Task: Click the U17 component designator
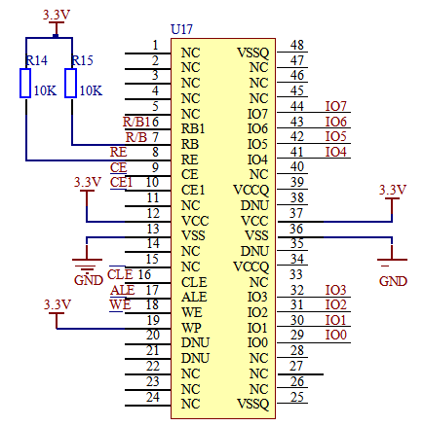pyautogui.click(x=181, y=29)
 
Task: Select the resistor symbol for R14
pyautogui.click(x=25, y=83)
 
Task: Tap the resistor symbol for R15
pyautogui.click(x=71, y=83)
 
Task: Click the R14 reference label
pyautogui.click(x=36, y=60)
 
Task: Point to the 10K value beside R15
pyautogui.click(x=91, y=90)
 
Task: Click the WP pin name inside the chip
pyautogui.click(x=191, y=328)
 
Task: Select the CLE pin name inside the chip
pyautogui.click(x=194, y=282)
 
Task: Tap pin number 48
pyautogui.click(x=297, y=45)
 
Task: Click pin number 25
pyautogui.click(x=297, y=397)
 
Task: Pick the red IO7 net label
pyautogui.click(x=336, y=106)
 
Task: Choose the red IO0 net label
pyautogui.click(x=336, y=335)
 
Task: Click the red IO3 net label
pyautogui.click(x=336, y=290)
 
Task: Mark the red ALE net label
pyautogui.click(x=122, y=290)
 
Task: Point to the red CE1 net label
pyautogui.click(x=121, y=182)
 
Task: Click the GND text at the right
pyautogui.click(x=393, y=281)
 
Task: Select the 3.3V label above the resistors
pyautogui.click(x=57, y=15)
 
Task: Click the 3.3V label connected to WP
pyautogui.click(x=58, y=304)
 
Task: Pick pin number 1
pyautogui.click(x=155, y=45)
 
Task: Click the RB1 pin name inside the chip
pyautogui.click(x=193, y=128)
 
